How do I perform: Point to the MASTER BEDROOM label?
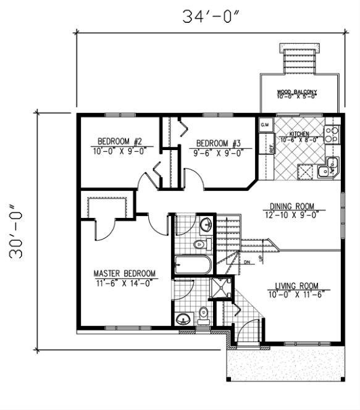click(x=124, y=273)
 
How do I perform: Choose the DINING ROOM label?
click(x=292, y=206)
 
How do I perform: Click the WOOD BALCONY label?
click(x=296, y=92)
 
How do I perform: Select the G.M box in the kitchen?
click(x=266, y=125)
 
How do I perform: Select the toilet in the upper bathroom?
click(x=199, y=246)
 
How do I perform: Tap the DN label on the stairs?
click(x=246, y=262)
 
